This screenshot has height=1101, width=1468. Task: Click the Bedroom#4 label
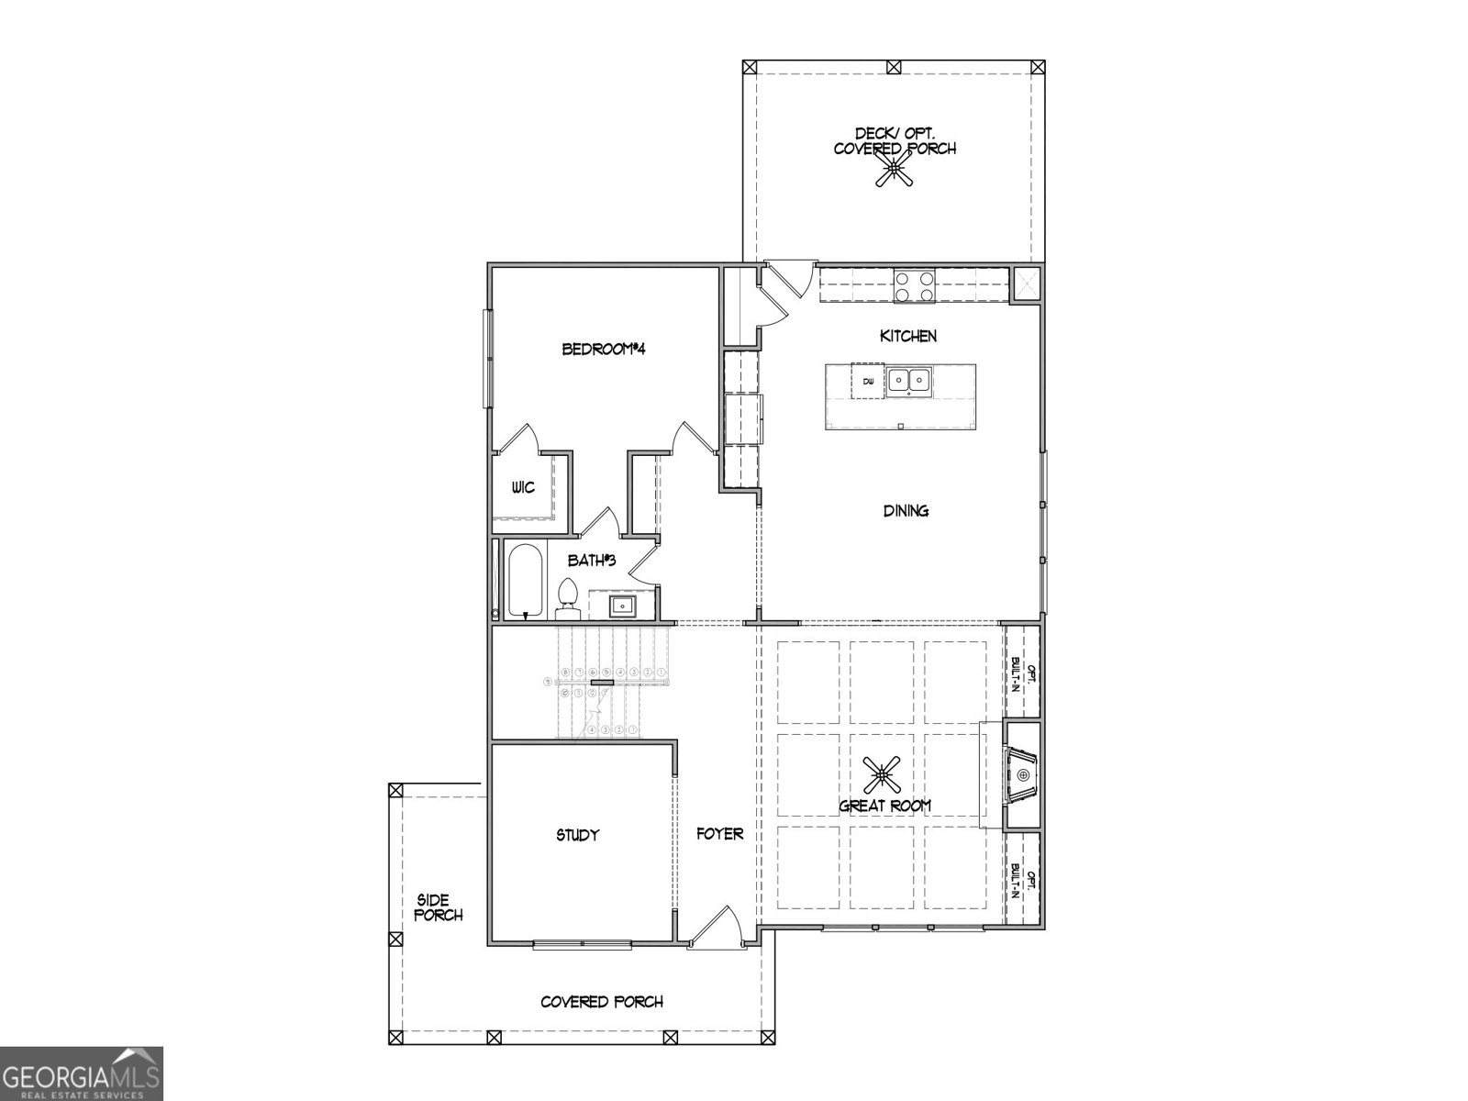point(605,349)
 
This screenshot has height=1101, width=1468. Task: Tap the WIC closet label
point(523,487)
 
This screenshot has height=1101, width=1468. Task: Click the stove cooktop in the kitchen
point(914,285)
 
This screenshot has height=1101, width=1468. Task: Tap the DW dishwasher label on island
point(867,381)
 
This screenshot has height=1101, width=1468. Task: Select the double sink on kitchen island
point(908,380)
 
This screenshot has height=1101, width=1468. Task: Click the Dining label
point(906,511)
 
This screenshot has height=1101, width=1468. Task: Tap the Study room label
point(578,835)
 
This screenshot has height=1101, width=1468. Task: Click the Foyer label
point(719,834)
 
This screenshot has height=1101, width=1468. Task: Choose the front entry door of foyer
point(716,927)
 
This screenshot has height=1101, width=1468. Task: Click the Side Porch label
point(438,907)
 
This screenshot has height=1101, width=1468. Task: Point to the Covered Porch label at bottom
point(602,1002)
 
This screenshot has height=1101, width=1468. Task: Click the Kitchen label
point(908,336)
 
